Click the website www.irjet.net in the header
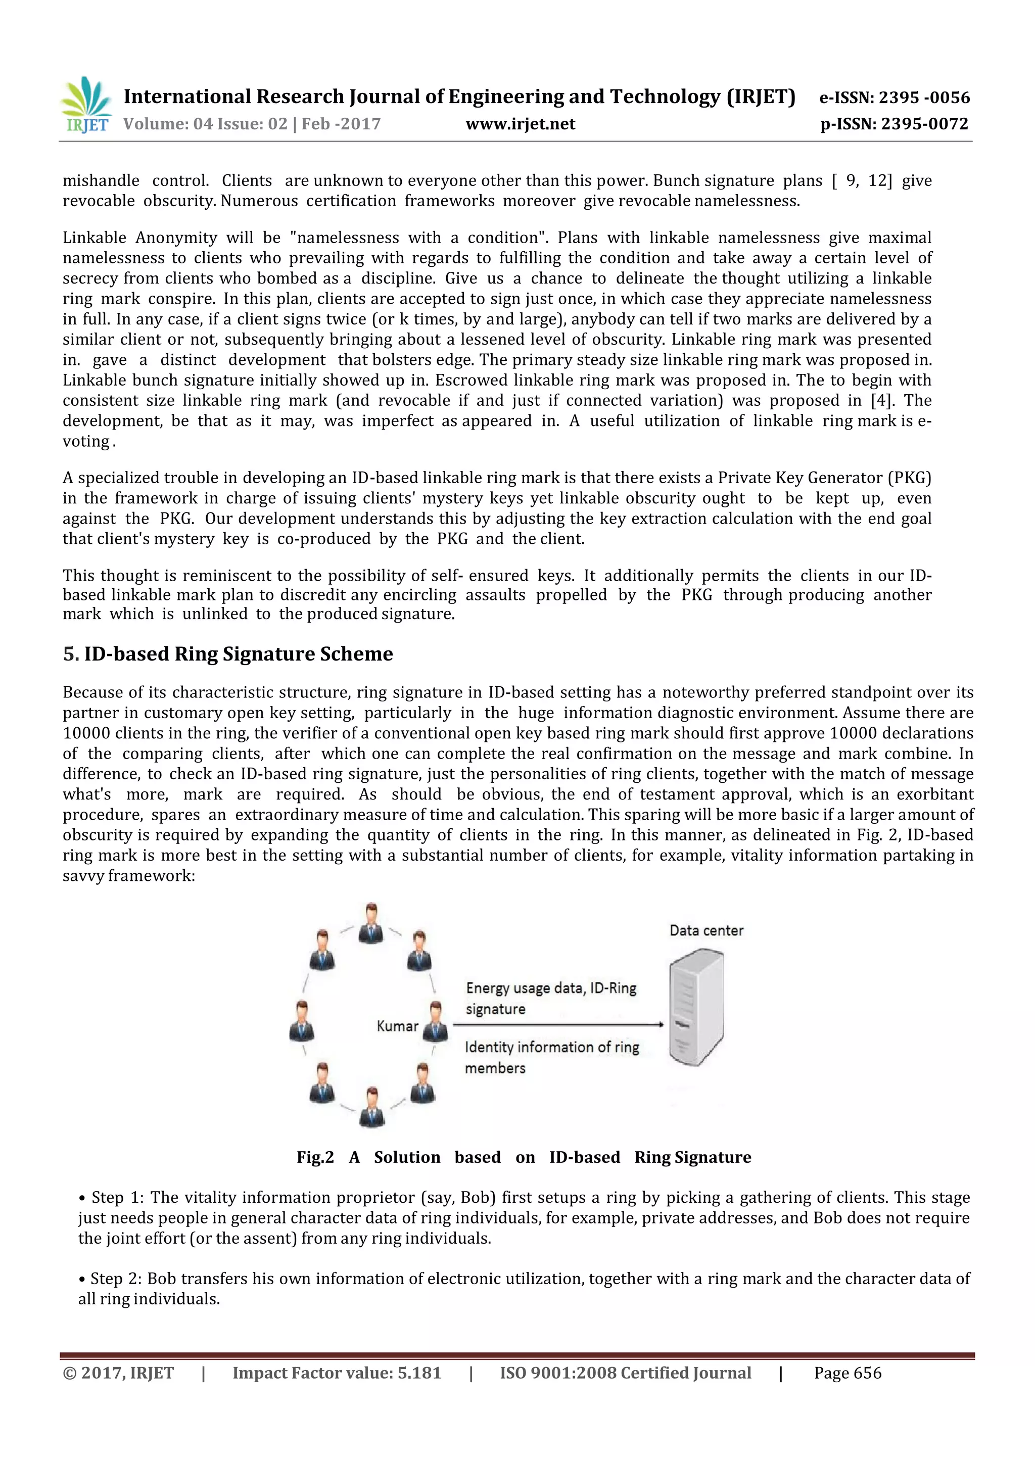coord(520,124)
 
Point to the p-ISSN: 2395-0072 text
coord(894,124)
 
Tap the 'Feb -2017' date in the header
coord(341,124)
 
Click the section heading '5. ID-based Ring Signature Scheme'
coord(227,654)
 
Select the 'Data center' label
coord(706,930)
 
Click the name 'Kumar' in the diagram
coord(397,1026)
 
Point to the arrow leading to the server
coord(557,1025)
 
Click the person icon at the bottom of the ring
coord(371,1107)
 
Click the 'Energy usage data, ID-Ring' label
coord(551,988)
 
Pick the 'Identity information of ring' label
coord(551,1047)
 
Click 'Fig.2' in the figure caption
coord(315,1157)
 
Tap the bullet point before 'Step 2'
coord(82,1279)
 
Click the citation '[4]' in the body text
coord(880,401)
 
